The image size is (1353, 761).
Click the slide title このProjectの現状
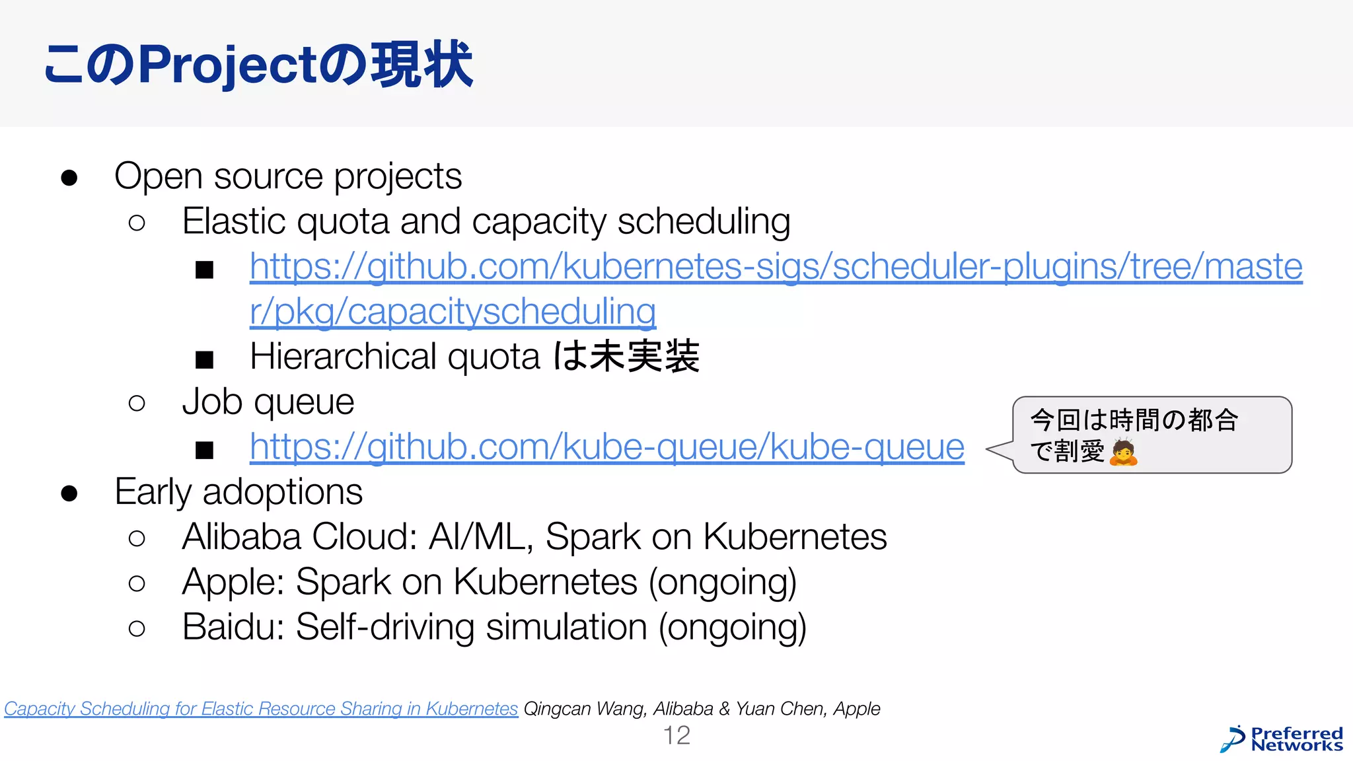tap(258, 65)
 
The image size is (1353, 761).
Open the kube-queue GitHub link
tap(606, 447)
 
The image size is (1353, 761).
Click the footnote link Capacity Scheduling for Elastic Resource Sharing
tap(261, 709)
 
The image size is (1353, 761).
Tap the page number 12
tap(676, 735)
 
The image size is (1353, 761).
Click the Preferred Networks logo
tap(1282, 739)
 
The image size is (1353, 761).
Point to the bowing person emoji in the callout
tap(1123, 453)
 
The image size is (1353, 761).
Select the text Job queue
tap(268, 402)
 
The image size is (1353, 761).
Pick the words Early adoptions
tap(238, 492)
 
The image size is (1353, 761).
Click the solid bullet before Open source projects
tap(69, 178)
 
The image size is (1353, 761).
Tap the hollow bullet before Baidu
tap(137, 628)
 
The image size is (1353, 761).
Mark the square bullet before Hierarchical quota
tap(204, 359)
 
